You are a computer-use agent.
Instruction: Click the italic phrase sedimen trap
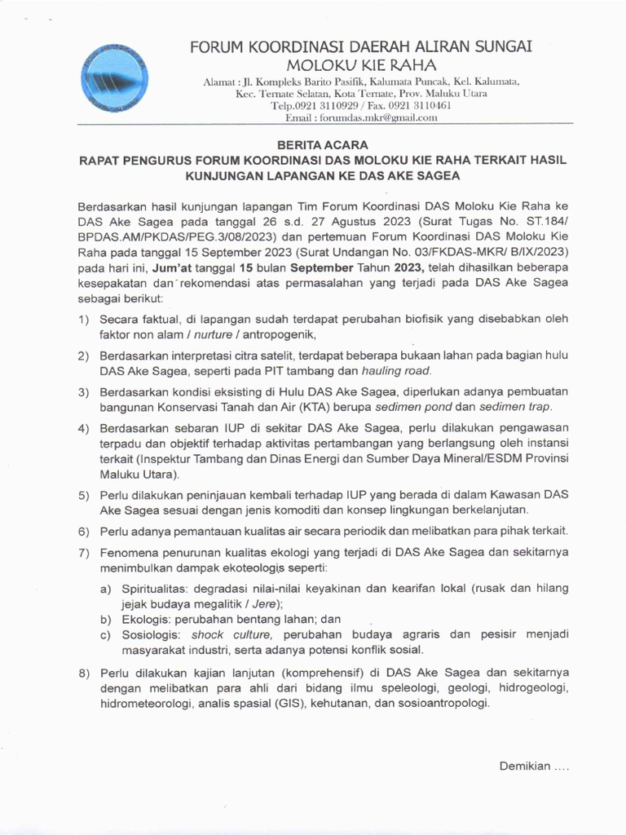(x=515, y=406)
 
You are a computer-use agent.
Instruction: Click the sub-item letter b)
(x=106, y=620)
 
